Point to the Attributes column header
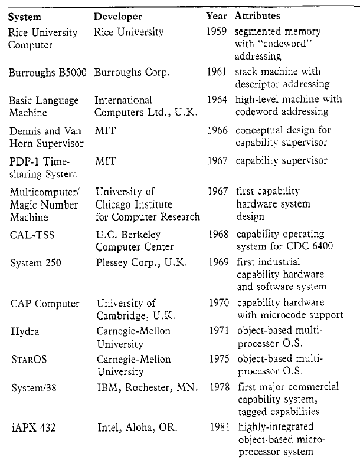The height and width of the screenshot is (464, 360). point(258,16)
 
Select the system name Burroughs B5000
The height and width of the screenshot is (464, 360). point(47,73)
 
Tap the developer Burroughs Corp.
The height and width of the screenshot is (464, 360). point(132,73)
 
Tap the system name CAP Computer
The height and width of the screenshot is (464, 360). point(45,304)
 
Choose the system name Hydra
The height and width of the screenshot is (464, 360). point(24,331)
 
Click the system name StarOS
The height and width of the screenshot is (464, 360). point(29,359)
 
